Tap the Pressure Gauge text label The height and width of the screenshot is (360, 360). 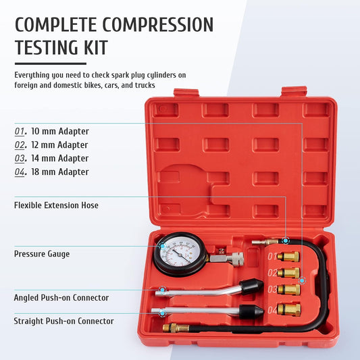point(42,254)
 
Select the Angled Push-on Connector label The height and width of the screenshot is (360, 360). point(61,297)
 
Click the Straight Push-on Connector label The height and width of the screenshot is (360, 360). point(64,321)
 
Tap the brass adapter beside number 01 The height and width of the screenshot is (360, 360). point(289,257)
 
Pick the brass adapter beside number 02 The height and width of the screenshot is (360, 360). point(288,273)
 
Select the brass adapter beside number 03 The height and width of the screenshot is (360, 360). point(289,290)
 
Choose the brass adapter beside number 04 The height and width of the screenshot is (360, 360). point(289,309)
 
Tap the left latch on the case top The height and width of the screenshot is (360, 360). point(186,93)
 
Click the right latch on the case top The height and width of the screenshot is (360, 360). point(294,91)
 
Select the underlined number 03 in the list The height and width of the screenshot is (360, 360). point(21,158)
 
